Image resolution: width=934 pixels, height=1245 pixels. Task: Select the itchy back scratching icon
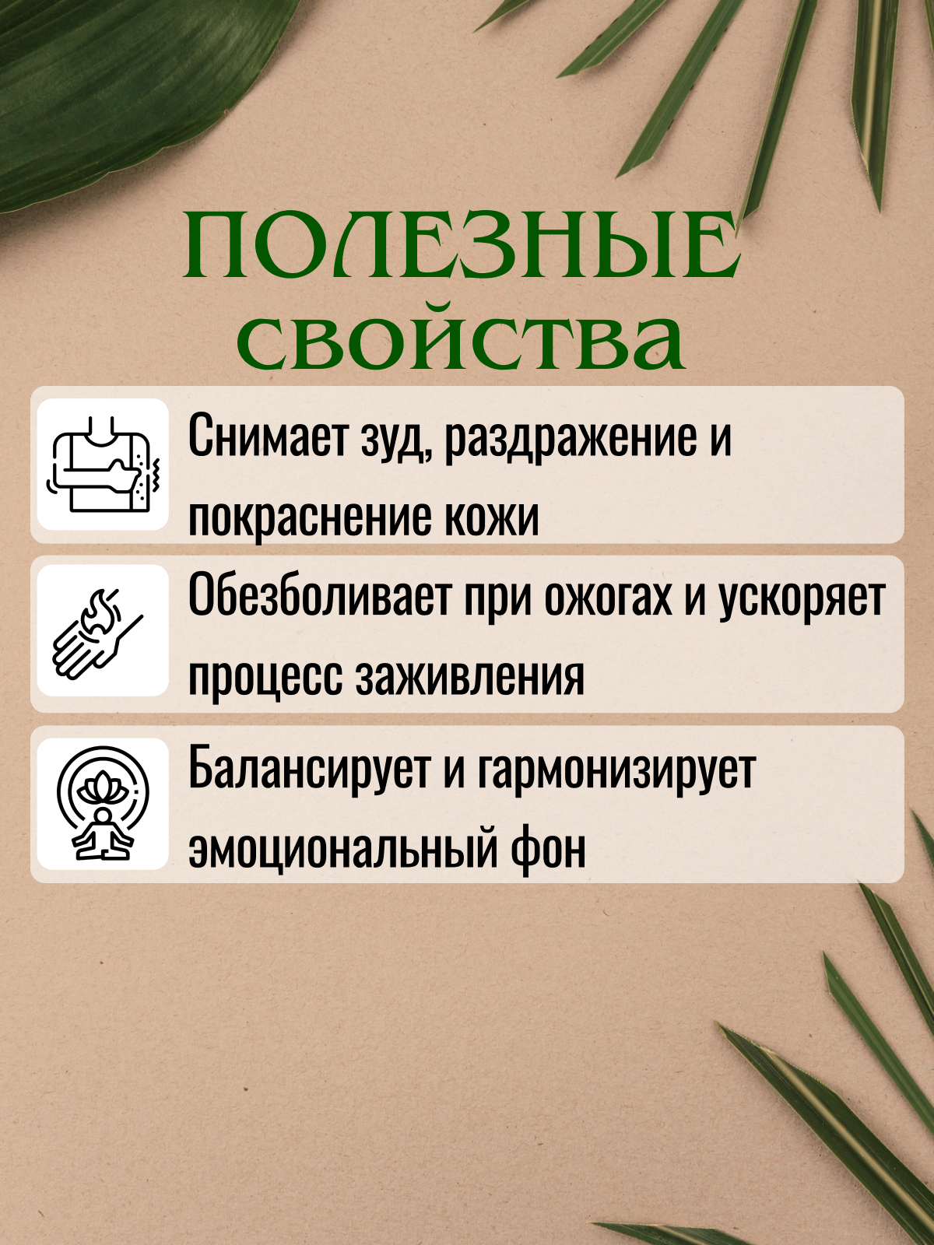tap(104, 464)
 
